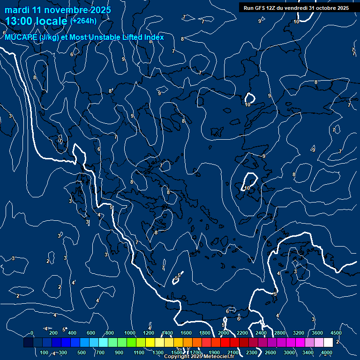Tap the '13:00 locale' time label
pos(36,21)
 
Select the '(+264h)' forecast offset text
pos(83,21)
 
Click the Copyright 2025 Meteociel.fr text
pos(206,356)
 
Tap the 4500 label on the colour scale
pos(336,333)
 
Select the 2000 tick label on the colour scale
pos(224,333)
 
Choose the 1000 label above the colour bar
pos(130,333)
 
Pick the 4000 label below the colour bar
pos(327,352)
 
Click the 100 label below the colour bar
pos(44,352)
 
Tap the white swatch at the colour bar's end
pos(328,343)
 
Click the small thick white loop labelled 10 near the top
pos(249,98)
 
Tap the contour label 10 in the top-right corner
pos(297,22)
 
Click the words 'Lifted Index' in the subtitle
pos(143,37)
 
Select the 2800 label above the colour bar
pos(280,333)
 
